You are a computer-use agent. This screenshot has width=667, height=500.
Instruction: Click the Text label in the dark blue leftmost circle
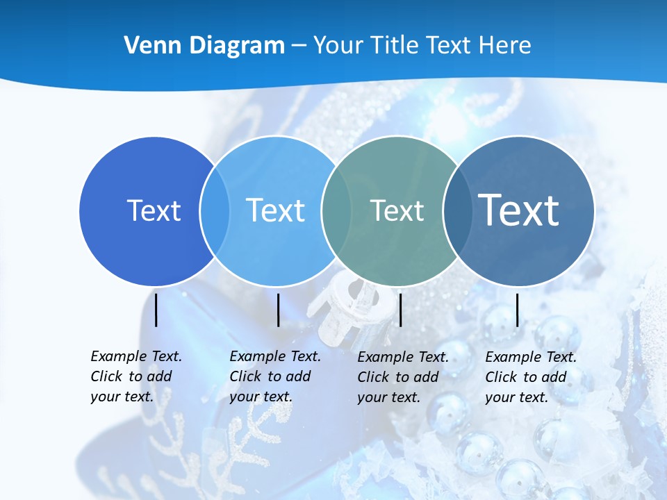point(154,210)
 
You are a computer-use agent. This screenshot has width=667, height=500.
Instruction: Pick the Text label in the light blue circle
point(275,210)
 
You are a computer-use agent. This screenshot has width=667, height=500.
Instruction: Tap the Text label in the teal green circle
point(397,210)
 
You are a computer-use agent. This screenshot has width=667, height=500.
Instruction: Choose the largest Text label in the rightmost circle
point(518,210)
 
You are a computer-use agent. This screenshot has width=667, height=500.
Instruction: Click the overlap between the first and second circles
point(215,210)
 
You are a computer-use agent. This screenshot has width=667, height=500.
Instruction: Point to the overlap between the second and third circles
point(336,210)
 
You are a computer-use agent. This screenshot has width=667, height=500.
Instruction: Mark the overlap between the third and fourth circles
point(457,210)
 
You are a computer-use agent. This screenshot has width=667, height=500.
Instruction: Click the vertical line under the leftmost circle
point(156,310)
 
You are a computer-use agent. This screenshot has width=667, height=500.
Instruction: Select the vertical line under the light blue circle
point(278,310)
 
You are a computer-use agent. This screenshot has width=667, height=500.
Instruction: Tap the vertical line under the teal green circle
point(401,310)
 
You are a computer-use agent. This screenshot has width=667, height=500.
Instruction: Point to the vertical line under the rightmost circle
point(518,310)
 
